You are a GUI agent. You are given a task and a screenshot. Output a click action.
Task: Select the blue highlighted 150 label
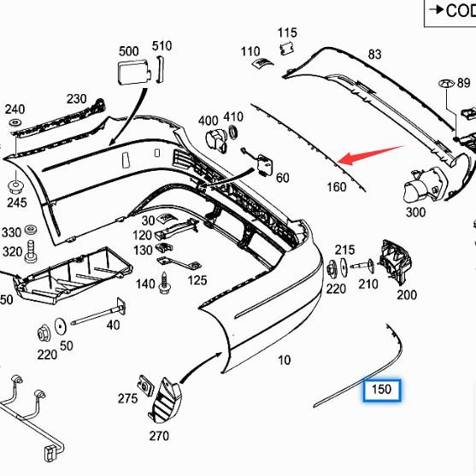pos(381,391)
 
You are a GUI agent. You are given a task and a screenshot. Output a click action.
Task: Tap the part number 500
pos(128,51)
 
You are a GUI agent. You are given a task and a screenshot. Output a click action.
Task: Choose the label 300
pos(415,212)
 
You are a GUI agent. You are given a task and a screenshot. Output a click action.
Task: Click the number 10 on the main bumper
pos(284,360)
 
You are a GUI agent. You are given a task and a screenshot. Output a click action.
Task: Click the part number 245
pos(16,203)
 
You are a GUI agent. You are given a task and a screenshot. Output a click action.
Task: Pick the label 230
pos(77,99)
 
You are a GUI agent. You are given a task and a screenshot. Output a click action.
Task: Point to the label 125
pos(197,279)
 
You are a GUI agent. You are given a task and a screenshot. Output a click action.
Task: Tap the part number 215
pos(344,250)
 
